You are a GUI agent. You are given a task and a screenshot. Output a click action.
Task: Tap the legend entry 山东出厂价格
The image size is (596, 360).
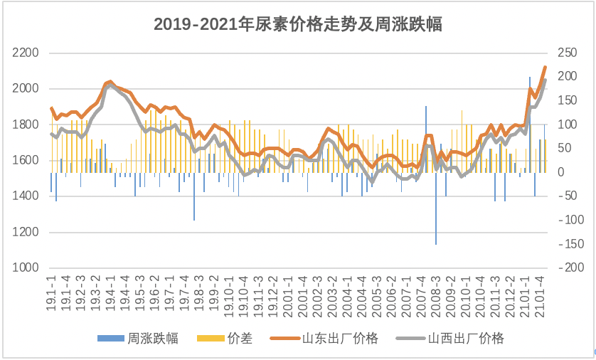[340, 339]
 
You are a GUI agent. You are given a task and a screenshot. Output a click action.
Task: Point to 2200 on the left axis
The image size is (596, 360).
[26, 53]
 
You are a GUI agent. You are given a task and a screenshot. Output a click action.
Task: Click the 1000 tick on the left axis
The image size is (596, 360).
[26, 268]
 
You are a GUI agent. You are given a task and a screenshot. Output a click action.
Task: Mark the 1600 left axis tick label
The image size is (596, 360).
[26, 161]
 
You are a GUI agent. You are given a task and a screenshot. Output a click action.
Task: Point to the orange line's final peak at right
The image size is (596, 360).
[545, 68]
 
